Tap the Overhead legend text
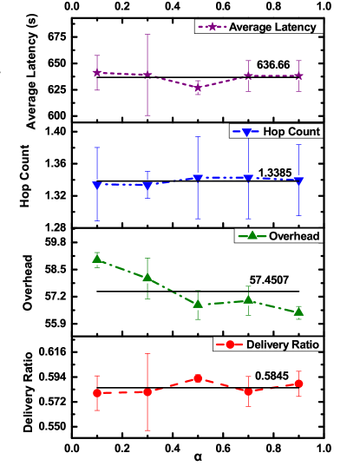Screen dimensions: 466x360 coord(295,235)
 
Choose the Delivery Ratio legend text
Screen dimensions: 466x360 coord(284,345)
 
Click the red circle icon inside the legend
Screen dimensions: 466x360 coord(230,345)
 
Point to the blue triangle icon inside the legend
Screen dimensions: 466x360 coord(246,132)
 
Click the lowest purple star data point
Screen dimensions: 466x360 coord(198,88)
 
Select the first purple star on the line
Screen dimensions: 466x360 coord(96,73)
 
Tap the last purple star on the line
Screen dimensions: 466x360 coord(299,75)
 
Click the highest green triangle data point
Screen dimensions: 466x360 coord(96,259)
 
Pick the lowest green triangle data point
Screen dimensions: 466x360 coord(299,311)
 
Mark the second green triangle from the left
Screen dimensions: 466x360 coord(147,278)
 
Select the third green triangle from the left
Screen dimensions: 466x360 coord(198,304)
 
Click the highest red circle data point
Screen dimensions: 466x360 coord(198,378)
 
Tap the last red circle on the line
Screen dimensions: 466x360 coord(299,383)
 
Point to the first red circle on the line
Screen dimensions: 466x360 coord(96,393)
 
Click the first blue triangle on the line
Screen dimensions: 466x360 coord(96,185)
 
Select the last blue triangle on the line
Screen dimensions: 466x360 coord(299,180)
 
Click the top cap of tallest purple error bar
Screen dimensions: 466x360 coord(147,35)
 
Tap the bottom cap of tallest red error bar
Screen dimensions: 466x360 coord(147,430)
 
